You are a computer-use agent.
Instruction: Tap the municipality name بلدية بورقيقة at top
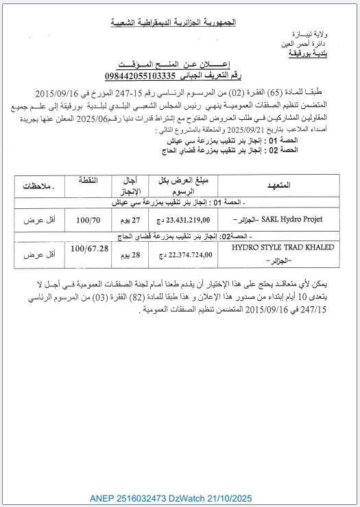click(x=308, y=52)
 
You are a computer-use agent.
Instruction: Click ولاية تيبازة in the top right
click(x=309, y=34)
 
